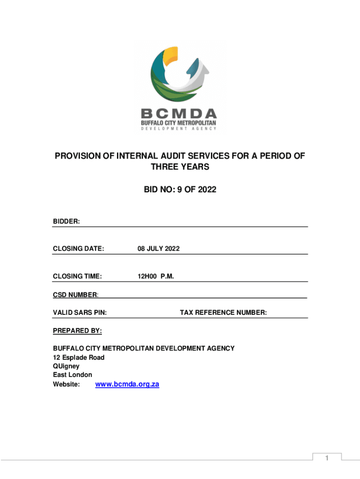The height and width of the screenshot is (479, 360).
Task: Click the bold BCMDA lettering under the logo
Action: (x=180, y=114)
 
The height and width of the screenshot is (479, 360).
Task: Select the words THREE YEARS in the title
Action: (x=180, y=167)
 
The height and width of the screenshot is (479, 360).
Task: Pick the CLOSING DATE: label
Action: (x=78, y=249)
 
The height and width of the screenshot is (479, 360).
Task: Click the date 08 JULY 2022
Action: (x=158, y=249)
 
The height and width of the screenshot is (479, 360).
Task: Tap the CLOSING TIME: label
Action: (x=77, y=276)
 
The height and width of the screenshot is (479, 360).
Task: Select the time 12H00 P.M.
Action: (x=155, y=276)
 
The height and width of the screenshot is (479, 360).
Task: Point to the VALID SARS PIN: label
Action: (x=79, y=312)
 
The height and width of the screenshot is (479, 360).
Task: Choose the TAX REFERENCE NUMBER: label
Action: (x=223, y=312)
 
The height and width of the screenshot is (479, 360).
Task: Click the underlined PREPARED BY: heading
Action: (x=77, y=331)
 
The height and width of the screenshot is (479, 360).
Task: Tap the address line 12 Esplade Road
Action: (x=79, y=357)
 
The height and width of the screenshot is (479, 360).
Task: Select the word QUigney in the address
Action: (x=66, y=366)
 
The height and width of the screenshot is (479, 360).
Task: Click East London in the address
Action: (x=72, y=375)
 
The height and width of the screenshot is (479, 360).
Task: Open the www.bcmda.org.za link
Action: (x=127, y=384)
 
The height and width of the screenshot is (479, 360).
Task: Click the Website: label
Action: (x=66, y=384)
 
